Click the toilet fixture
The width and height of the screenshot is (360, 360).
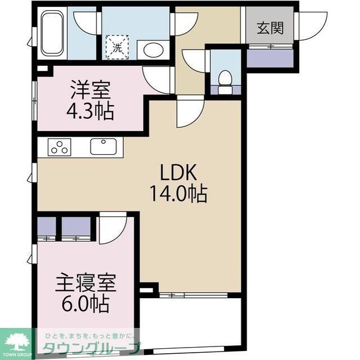click(225, 81)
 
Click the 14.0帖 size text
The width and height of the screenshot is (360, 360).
click(178, 194)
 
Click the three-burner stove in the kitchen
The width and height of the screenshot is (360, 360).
click(60, 147)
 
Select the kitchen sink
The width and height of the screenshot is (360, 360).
click(103, 147)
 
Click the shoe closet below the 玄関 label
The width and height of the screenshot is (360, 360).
click(269, 56)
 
